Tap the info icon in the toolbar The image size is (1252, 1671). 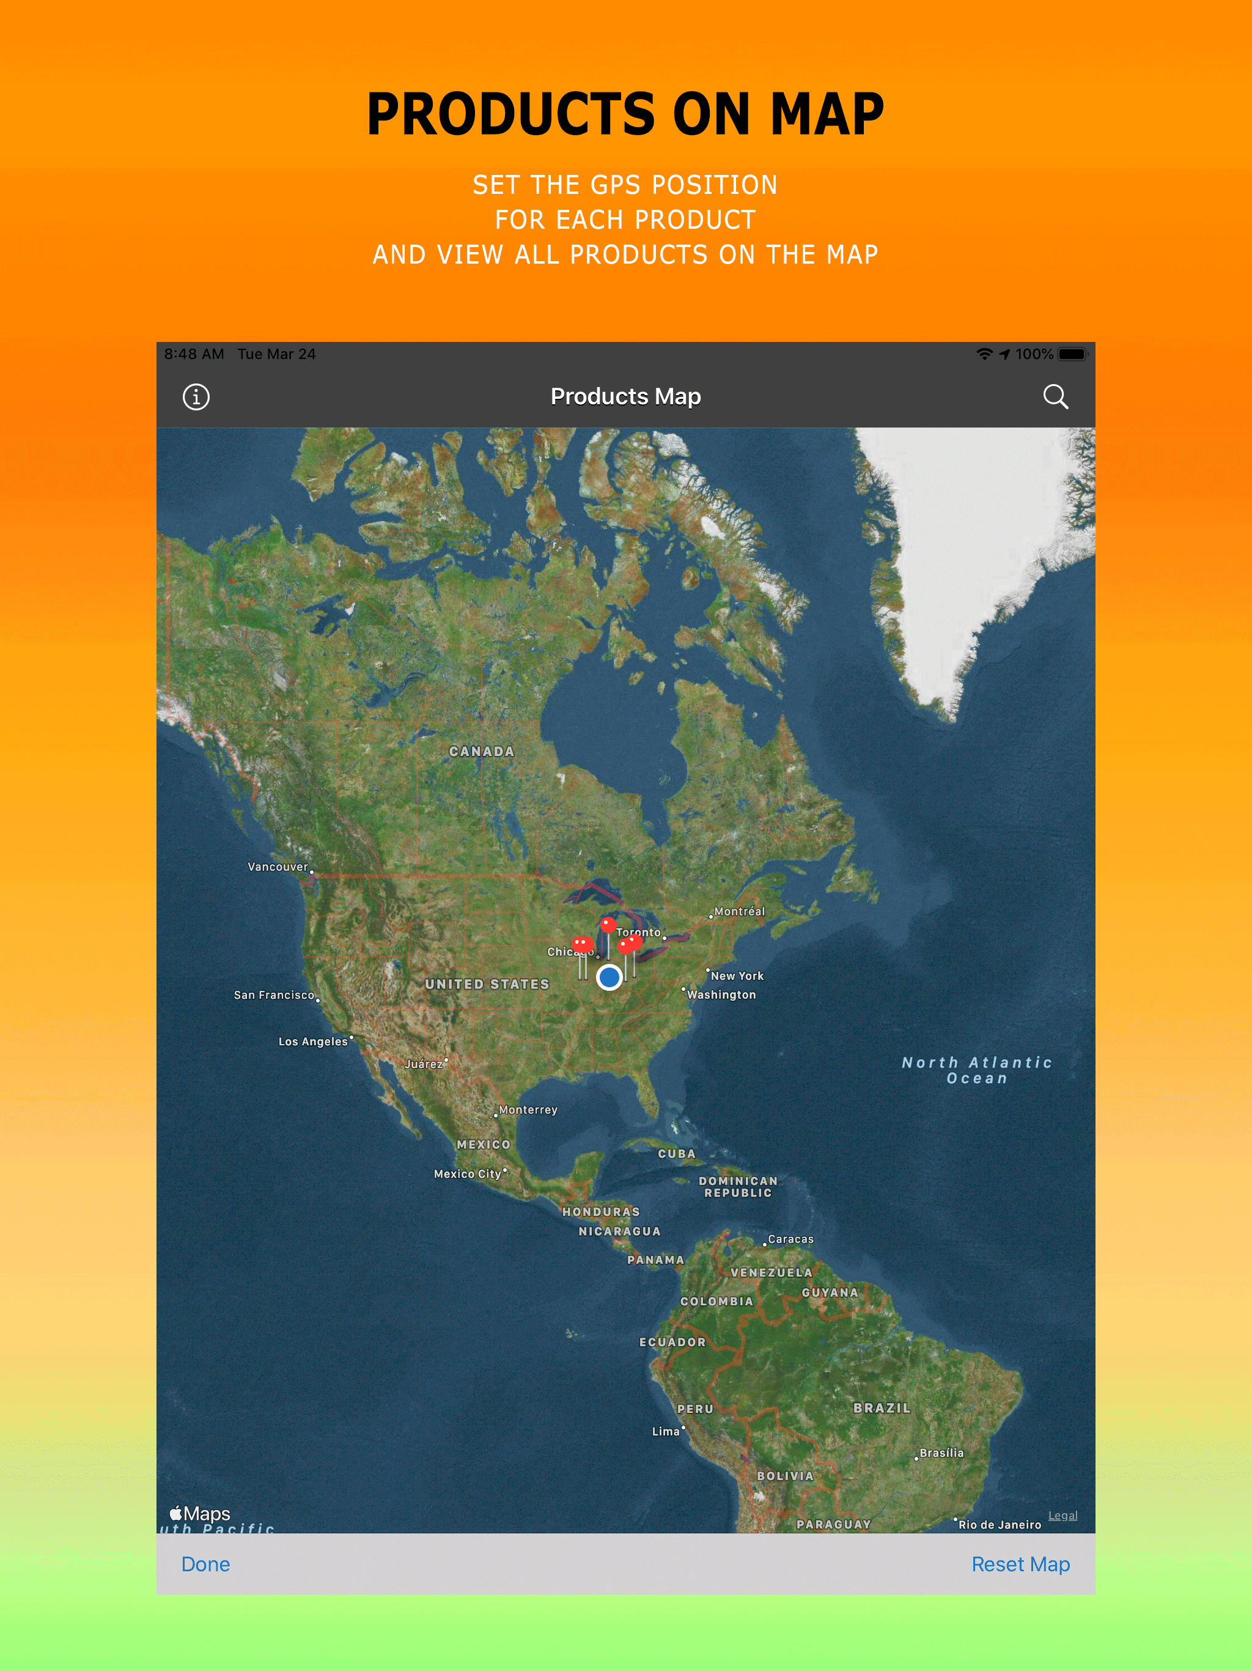coord(196,396)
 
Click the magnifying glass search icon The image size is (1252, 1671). coord(1055,396)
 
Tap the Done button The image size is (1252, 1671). coord(205,1564)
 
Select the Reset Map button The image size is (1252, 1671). coord(1020,1564)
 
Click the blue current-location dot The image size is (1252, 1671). coord(609,977)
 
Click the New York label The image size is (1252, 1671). coord(737,976)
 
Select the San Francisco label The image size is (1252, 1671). coord(274,995)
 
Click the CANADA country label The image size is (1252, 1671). coord(482,752)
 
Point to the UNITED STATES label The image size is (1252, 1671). coord(487,984)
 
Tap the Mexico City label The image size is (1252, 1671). coord(468,1174)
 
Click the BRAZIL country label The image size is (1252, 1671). coord(882,1408)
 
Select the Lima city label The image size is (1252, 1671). coord(666,1431)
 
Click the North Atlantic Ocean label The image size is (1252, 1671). coord(977,1070)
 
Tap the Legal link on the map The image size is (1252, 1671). coord(1062,1516)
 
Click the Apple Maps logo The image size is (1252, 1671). coord(200,1514)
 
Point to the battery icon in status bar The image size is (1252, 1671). coord(1072,354)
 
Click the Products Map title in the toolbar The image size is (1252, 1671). coord(625,396)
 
